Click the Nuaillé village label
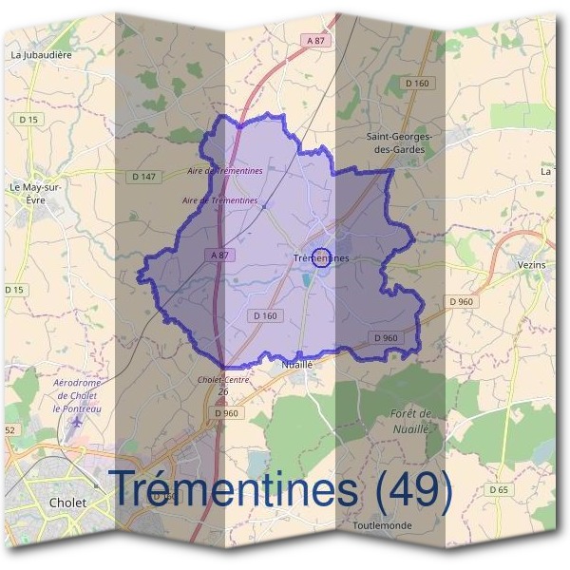297,364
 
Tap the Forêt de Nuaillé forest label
411,420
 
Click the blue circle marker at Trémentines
322,257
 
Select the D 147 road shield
143,176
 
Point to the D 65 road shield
499,489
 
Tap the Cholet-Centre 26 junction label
222,386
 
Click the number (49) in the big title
413,489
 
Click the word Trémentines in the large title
237,489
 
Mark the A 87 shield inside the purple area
218,256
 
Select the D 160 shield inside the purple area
265,315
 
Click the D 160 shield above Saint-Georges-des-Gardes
418,84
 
